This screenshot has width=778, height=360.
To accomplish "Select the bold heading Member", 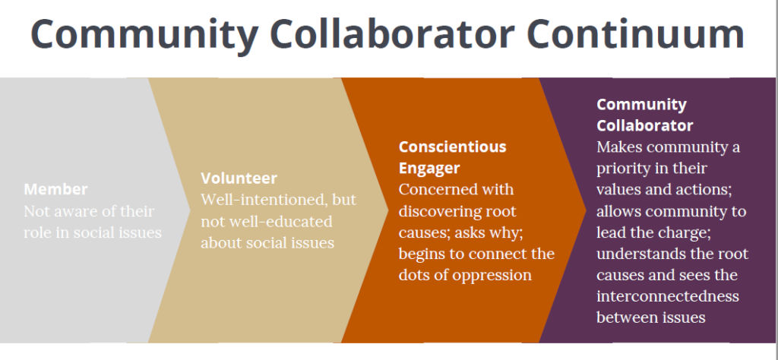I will click(x=55, y=189).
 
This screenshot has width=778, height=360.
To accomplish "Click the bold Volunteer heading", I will click(x=239, y=178).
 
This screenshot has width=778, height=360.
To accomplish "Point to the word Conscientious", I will click(x=452, y=147).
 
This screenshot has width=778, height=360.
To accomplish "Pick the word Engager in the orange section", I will click(x=429, y=167).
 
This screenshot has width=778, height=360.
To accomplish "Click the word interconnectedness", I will click(x=668, y=295).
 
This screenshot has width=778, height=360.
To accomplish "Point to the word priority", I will click(x=625, y=168).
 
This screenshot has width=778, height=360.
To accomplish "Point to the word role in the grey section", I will click(x=40, y=232).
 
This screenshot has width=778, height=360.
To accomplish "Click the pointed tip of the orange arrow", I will click(x=586, y=207).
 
